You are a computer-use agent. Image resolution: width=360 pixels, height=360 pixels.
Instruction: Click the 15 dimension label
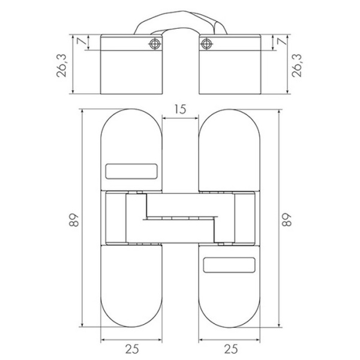180,110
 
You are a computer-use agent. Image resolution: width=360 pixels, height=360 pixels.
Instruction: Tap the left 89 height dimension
74,220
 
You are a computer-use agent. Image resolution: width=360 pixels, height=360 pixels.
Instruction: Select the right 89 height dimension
287,220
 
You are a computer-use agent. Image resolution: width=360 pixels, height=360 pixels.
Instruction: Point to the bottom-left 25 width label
132,349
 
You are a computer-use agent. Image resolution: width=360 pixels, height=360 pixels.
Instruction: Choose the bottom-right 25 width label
231,349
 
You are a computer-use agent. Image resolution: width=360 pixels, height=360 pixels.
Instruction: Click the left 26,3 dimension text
62,65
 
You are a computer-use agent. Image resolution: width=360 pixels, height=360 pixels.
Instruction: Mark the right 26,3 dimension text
296,65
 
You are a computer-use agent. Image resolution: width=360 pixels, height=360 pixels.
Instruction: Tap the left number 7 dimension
82,41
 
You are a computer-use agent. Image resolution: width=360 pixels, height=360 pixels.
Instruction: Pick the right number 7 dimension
282,41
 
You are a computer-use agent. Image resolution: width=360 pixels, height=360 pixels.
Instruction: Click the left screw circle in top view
155,44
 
